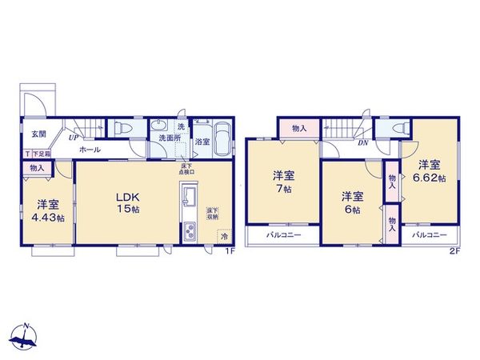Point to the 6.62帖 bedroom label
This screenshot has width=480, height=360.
(x=430, y=171)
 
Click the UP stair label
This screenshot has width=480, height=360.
(x=73, y=137)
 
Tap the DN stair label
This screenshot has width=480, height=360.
(x=362, y=143)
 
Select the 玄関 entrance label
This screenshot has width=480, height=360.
(x=38, y=134)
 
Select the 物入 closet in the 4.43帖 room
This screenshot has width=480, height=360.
(x=37, y=168)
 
